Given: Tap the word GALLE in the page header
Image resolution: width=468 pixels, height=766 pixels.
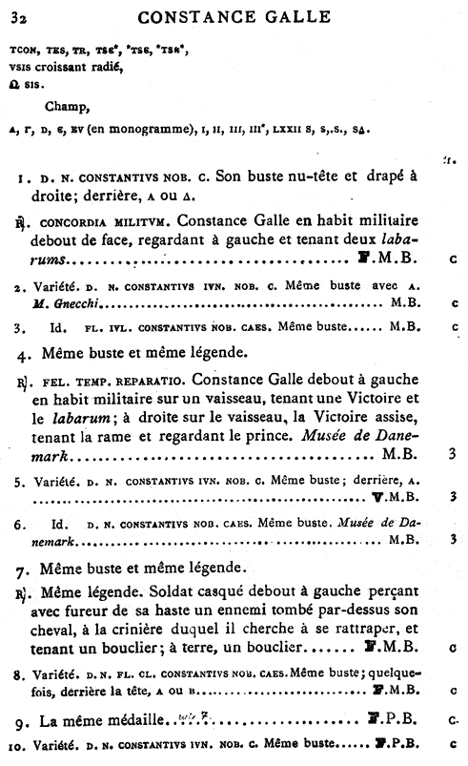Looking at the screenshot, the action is (295, 15).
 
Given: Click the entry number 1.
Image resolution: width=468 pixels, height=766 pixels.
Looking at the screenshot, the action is (21, 178).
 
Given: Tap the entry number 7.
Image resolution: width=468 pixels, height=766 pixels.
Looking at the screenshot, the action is (21, 569).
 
